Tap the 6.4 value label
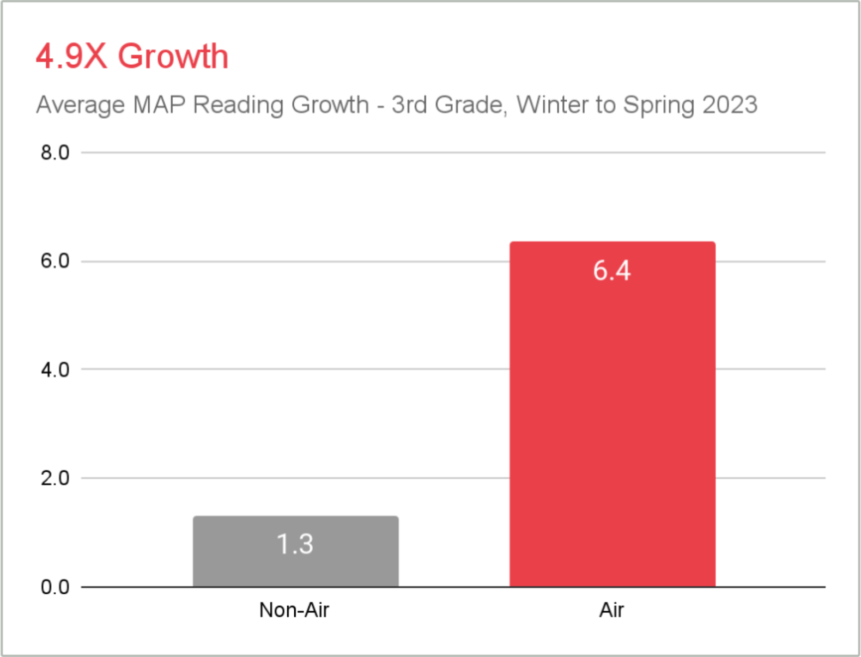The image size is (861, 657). (611, 271)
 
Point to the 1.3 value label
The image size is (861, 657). (295, 544)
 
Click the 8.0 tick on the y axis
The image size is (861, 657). (55, 153)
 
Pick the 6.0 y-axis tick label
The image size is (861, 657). (55, 261)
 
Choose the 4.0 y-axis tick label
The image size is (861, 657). (55, 370)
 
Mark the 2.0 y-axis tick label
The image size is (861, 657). (55, 478)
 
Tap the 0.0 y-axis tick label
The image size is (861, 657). (55, 587)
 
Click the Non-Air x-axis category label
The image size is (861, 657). (294, 610)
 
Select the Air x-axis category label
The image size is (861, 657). (611, 610)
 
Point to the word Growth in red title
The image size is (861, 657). (173, 56)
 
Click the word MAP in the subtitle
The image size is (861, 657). (160, 105)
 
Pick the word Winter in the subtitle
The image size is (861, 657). (549, 105)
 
